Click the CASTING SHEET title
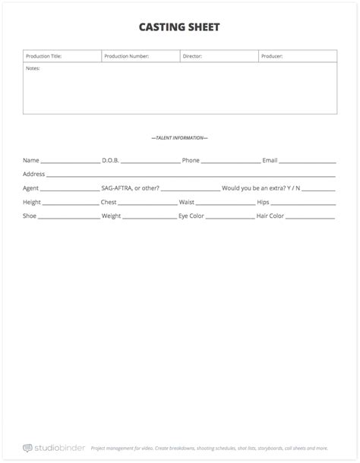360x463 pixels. point(179,28)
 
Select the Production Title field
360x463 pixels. point(62,56)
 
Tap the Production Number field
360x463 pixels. point(141,56)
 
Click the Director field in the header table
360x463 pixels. point(219,56)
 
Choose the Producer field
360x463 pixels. point(298,56)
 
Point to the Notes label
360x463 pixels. point(33,68)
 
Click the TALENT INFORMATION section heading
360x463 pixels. point(180,137)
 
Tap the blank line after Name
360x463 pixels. point(70,162)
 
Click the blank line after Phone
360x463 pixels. point(231,162)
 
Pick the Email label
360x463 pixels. point(270,160)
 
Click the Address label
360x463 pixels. point(34,174)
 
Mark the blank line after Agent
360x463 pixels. point(70,189)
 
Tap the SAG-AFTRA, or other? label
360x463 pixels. point(130,187)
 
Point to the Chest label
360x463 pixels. point(109,202)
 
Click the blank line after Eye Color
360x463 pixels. point(231,218)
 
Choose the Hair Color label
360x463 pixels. point(270,216)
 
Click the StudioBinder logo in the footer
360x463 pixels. point(52,448)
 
